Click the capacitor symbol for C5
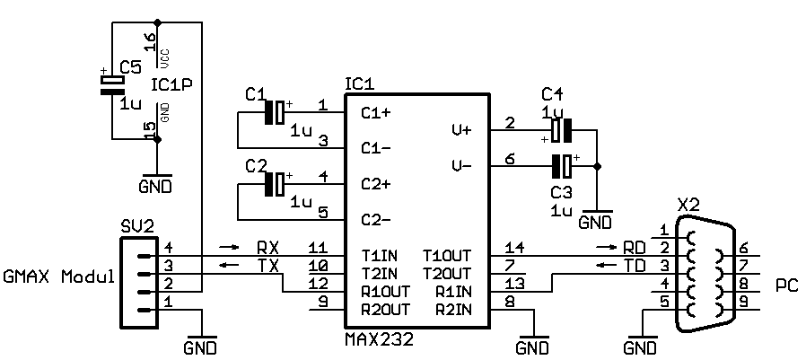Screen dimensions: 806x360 [111, 85]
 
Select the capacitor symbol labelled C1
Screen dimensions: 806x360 [274, 112]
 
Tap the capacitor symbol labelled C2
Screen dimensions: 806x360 [274, 184]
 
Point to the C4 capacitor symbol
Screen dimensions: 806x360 [561, 131]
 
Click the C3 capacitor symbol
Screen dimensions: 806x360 [561, 166]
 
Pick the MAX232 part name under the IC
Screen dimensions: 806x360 [379, 339]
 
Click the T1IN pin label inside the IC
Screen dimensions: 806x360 [380, 256]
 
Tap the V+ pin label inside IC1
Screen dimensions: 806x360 [461, 131]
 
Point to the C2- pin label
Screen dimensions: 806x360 [376, 220]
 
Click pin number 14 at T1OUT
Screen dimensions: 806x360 [515, 248]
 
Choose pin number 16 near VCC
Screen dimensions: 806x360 [150, 42]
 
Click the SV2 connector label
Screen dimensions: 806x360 [137, 226]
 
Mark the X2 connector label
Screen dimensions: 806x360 [688, 206]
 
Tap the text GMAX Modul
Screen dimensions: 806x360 [58, 277]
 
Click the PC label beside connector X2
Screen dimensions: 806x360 [786, 285]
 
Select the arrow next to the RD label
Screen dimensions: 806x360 [606, 247]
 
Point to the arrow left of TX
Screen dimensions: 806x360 [229, 265]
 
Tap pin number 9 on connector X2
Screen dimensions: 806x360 [744, 303]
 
